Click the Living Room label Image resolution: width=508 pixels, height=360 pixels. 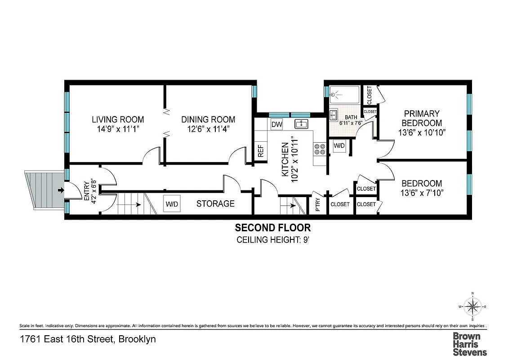click(x=118, y=120)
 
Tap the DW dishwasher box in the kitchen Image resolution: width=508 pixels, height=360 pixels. click(x=276, y=124)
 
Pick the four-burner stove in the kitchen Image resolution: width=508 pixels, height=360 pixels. click(x=320, y=149)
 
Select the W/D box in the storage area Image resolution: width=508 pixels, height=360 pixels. click(x=172, y=204)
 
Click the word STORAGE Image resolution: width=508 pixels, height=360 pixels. click(x=215, y=204)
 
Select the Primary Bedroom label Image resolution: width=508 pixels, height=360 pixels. click(x=422, y=118)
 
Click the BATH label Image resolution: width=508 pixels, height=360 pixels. click(x=344, y=117)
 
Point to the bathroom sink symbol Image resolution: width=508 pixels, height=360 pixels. click(x=333, y=115)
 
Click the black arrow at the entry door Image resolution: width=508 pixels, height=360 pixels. click(x=60, y=190)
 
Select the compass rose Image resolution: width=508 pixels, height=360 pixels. click(x=472, y=307)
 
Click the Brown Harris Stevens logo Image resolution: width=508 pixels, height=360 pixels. click(x=470, y=344)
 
